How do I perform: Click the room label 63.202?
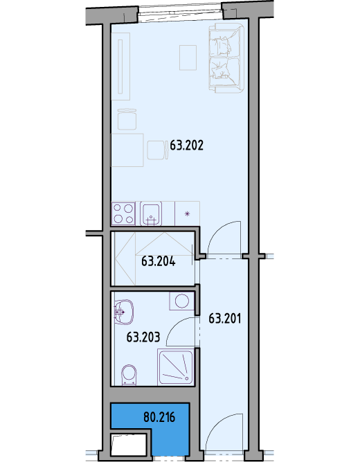coord(186,146)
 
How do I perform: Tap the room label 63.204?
coord(159,261)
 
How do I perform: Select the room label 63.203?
coord(143,337)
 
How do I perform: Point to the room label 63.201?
coord(225,319)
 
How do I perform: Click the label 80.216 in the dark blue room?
coord(159,417)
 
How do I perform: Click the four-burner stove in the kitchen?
coord(123,213)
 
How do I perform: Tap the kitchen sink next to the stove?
coord(151,213)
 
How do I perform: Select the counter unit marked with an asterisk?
coord(187,213)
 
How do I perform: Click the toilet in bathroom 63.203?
coord(129,375)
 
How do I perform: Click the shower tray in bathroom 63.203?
coord(175,367)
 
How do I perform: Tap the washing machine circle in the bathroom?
coord(181,301)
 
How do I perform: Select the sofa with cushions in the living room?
coord(226,57)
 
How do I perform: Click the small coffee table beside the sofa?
coord(188,58)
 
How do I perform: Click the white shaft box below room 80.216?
coord(129,444)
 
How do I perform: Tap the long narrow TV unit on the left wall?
coord(120,67)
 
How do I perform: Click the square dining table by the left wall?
coord(127,150)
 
